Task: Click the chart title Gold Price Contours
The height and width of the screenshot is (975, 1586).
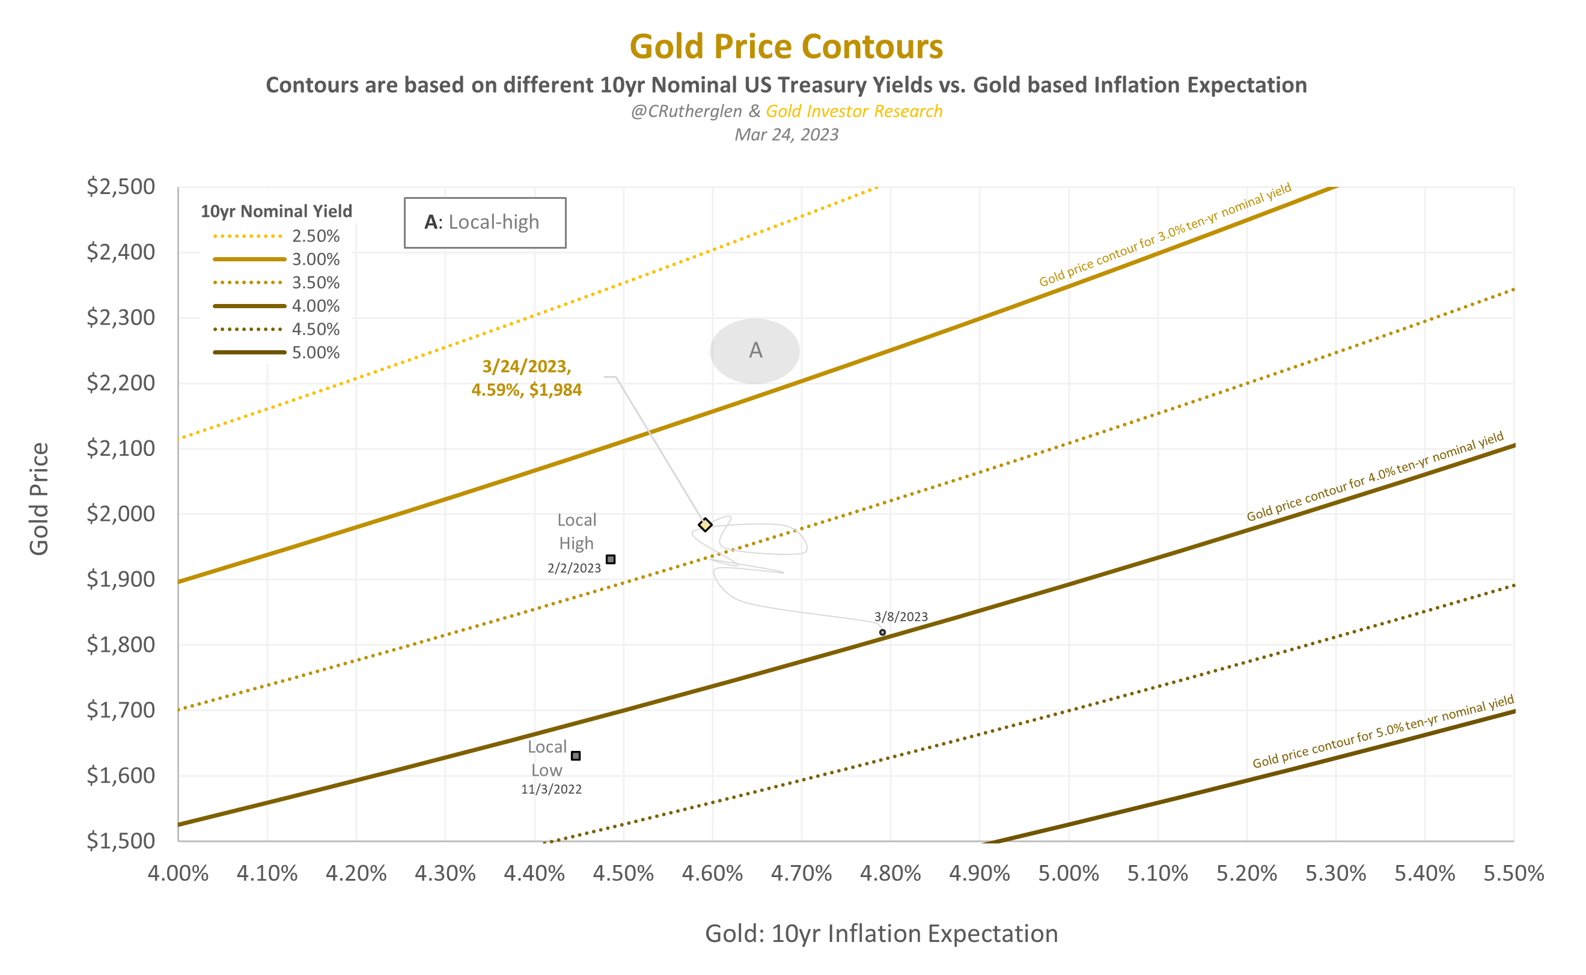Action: coord(785,46)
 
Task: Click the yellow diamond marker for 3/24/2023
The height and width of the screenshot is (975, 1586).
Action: coord(705,525)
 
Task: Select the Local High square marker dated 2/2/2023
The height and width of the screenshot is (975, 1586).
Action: coord(610,559)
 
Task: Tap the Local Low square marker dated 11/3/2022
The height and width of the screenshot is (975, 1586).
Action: coord(576,755)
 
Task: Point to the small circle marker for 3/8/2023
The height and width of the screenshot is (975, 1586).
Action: coord(882,632)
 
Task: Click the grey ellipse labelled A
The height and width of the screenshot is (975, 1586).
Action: coord(754,351)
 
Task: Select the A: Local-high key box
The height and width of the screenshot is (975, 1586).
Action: coord(484,222)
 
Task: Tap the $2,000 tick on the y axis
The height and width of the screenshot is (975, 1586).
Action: coord(121,514)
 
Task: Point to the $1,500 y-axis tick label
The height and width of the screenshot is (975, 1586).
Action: coord(121,841)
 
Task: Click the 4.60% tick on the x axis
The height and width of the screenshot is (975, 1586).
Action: coord(712,873)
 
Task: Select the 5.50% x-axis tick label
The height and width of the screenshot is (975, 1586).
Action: coord(1513,873)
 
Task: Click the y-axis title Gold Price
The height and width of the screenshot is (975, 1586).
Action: coord(38,499)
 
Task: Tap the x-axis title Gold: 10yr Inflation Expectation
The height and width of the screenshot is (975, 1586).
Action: coord(881,934)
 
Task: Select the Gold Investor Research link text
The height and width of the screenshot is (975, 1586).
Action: coord(853,112)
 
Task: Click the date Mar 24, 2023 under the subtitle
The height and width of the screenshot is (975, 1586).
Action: coord(785,135)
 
